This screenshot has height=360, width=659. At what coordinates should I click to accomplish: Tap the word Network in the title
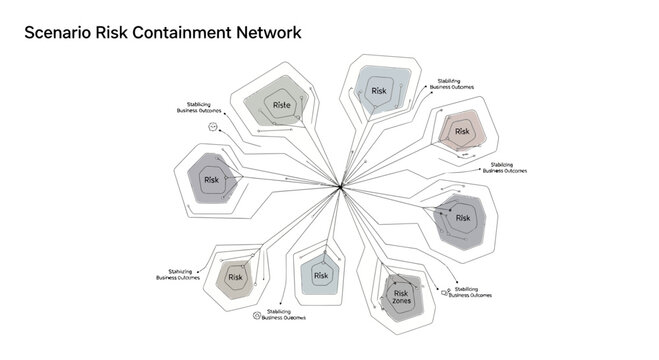(x=269, y=33)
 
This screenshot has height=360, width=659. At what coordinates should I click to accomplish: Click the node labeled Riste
(x=281, y=104)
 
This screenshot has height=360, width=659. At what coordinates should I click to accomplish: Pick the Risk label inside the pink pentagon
(x=462, y=131)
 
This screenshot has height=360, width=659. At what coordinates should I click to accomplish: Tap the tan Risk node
(x=236, y=277)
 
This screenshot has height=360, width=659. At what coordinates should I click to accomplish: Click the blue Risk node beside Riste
(x=379, y=91)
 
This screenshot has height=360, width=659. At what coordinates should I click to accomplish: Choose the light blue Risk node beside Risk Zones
(x=321, y=275)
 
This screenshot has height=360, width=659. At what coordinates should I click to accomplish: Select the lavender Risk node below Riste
(x=211, y=180)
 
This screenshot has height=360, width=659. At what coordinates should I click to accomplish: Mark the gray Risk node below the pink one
(x=462, y=217)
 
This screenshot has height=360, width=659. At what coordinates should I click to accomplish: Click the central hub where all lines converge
(x=342, y=187)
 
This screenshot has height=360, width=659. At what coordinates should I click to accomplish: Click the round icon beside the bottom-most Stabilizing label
(x=257, y=315)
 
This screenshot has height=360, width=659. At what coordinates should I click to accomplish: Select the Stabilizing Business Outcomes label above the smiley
(x=197, y=108)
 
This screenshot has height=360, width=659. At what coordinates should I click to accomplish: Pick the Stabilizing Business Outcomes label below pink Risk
(x=504, y=168)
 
